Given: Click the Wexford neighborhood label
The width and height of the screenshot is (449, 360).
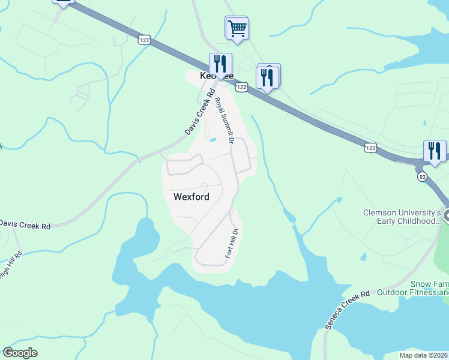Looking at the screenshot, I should point(191,196).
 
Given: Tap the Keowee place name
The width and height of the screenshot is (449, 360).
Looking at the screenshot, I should point(215,76).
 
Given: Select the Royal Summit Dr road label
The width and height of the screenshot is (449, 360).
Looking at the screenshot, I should point(224,120).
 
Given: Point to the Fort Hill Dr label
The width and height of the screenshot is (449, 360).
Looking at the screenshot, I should point(233,243).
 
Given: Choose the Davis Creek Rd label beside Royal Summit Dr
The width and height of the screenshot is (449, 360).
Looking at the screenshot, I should point(199,112).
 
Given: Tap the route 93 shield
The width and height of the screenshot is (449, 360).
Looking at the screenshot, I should point(422,177).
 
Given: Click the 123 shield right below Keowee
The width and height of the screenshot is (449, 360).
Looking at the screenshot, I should point(241,88).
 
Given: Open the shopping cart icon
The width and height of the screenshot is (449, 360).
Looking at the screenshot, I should point(237,28).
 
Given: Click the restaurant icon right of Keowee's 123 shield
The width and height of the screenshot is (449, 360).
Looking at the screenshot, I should point(267,77).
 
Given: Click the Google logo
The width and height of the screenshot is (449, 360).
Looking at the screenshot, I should point(20,353).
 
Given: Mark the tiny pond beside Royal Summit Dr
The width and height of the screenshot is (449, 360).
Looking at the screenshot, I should point(212,141).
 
